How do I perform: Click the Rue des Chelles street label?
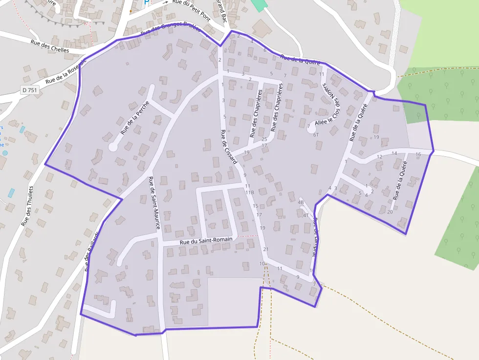point(50,46)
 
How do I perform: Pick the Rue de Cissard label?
point(229,147)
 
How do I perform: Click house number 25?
point(264,139)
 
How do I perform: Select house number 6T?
point(316,135)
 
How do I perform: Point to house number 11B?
point(249,192)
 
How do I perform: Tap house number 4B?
point(301,202)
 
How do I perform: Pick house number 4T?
point(305,215)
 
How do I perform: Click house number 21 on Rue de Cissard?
point(266,250)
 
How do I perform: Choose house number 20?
point(390,212)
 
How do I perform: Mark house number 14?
point(394,153)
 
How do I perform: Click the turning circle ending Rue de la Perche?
point(113,147)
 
